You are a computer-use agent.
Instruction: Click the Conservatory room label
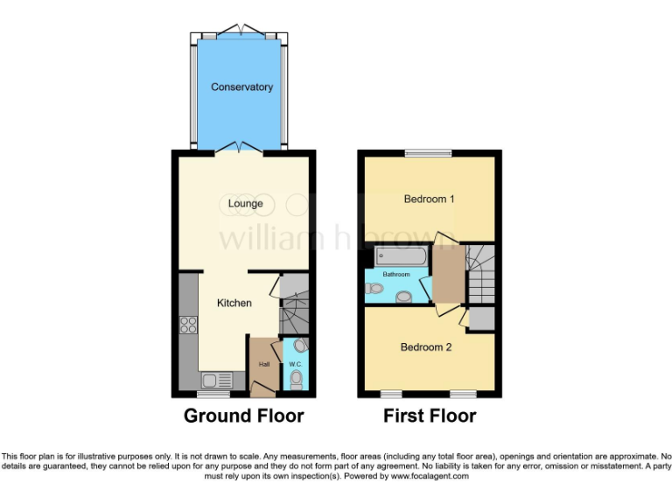[x=241, y=87]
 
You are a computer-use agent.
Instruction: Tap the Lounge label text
[x=245, y=204]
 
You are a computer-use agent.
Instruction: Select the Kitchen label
[x=234, y=304]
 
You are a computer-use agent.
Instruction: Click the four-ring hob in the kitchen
[x=187, y=325]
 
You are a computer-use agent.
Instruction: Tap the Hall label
[x=262, y=364]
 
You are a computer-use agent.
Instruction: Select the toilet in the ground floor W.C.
[x=296, y=379]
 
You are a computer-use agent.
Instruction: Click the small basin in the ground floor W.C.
[x=300, y=345]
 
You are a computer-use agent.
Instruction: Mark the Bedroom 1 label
[x=429, y=199]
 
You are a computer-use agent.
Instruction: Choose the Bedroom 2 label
[x=426, y=347]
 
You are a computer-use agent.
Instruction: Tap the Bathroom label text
[x=395, y=275]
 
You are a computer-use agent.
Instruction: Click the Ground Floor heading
[x=243, y=416]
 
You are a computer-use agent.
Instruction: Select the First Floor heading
[x=430, y=416]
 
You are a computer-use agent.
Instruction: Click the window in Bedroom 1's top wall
[x=429, y=154]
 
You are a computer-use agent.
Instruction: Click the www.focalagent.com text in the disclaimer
[x=430, y=477]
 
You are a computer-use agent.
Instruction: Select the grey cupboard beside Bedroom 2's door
[x=480, y=318]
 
